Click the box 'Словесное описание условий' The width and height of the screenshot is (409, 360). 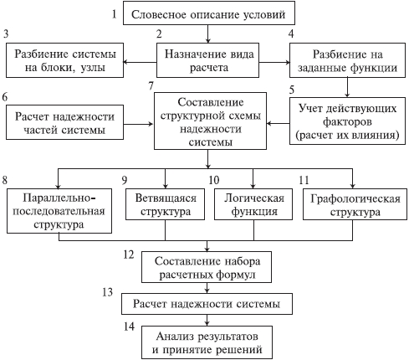pos(209,13)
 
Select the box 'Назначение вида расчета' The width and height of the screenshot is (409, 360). pos(207,60)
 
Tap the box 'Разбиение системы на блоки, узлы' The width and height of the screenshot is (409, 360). pos(64,60)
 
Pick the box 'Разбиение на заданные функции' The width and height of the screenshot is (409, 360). pos(347,60)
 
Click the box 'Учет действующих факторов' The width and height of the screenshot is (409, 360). pos(347,121)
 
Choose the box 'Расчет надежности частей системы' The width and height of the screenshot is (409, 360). pos(64,122)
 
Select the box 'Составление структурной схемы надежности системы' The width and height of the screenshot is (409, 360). pos(210,121)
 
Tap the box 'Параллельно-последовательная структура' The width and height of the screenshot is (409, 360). pos(59,211)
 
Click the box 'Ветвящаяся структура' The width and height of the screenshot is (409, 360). pos(165,204)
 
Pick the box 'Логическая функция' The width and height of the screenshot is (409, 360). pos(253,204)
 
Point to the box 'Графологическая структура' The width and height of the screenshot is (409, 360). pos(355,204)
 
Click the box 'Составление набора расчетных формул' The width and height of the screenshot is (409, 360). pos(207,267)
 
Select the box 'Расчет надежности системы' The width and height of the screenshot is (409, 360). pos(207,304)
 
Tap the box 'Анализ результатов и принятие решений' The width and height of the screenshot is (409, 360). pos(207,342)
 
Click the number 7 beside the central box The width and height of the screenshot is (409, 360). pos(151,85)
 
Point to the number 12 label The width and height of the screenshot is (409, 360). pos(129,255)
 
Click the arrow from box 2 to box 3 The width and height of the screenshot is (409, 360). pos(140,62)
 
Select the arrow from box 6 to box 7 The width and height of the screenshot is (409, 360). pos(139,124)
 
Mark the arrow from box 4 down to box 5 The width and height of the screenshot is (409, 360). pos(347,87)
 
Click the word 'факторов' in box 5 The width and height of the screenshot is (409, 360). pos(347,121)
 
